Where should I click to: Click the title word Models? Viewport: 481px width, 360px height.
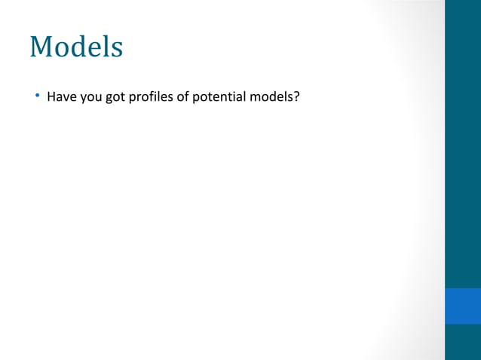[76, 47]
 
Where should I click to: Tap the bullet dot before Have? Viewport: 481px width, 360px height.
[35, 96]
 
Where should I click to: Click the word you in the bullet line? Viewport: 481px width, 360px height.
[90, 97]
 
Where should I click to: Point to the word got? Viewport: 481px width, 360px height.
[115, 97]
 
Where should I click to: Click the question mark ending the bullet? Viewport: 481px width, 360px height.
[297, 96]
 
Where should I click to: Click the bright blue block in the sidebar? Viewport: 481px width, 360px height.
[462, 305]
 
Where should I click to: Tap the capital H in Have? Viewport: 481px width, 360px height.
[51, 96]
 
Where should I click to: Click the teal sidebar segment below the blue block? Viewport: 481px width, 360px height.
[462, 342]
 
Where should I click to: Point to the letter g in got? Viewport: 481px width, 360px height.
[109, 98]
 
